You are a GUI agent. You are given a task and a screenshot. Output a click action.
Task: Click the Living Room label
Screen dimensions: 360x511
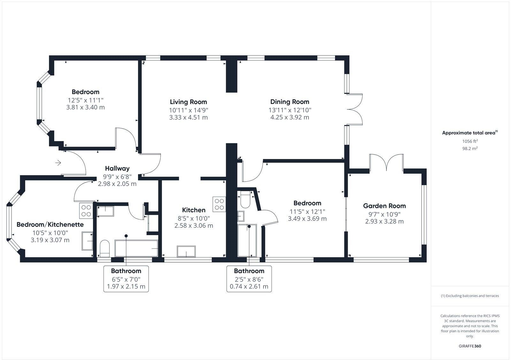tap(188, 102)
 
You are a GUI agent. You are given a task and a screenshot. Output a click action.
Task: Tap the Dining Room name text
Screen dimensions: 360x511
tap(290, 102)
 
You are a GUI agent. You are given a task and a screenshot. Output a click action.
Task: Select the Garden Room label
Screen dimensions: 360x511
tap(384, 206)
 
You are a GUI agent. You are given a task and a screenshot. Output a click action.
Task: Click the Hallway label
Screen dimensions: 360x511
tap(117, 169)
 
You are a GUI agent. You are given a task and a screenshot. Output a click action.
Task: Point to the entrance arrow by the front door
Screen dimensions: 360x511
tap(58, 163)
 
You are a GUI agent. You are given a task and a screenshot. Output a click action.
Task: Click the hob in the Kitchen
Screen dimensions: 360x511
tap(219, 204)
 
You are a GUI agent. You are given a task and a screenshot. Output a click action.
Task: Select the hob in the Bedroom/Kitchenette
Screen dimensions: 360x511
tap(86, 211)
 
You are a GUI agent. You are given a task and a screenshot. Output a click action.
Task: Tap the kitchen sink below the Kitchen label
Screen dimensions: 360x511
tap(187, 251)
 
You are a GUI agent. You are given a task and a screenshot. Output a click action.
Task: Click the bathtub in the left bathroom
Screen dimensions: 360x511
tap(136, 248)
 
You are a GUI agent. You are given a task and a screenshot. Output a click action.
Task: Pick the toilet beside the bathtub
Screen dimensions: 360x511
tap(104, 248)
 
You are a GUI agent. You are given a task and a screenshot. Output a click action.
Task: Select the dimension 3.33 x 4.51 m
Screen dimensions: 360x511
tap(188, 117)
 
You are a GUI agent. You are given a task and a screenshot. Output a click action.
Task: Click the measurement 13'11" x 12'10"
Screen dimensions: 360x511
tap(290, 110)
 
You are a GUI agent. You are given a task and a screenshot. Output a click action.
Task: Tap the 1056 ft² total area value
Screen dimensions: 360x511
tap(470, 141)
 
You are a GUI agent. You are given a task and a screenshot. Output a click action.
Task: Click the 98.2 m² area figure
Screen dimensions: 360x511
tap(470, 148)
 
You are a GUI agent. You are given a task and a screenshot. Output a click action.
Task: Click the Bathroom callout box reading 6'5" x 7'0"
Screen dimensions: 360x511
tap(126, 279)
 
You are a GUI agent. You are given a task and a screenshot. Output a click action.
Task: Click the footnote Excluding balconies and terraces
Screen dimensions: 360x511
tap(470, 296)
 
